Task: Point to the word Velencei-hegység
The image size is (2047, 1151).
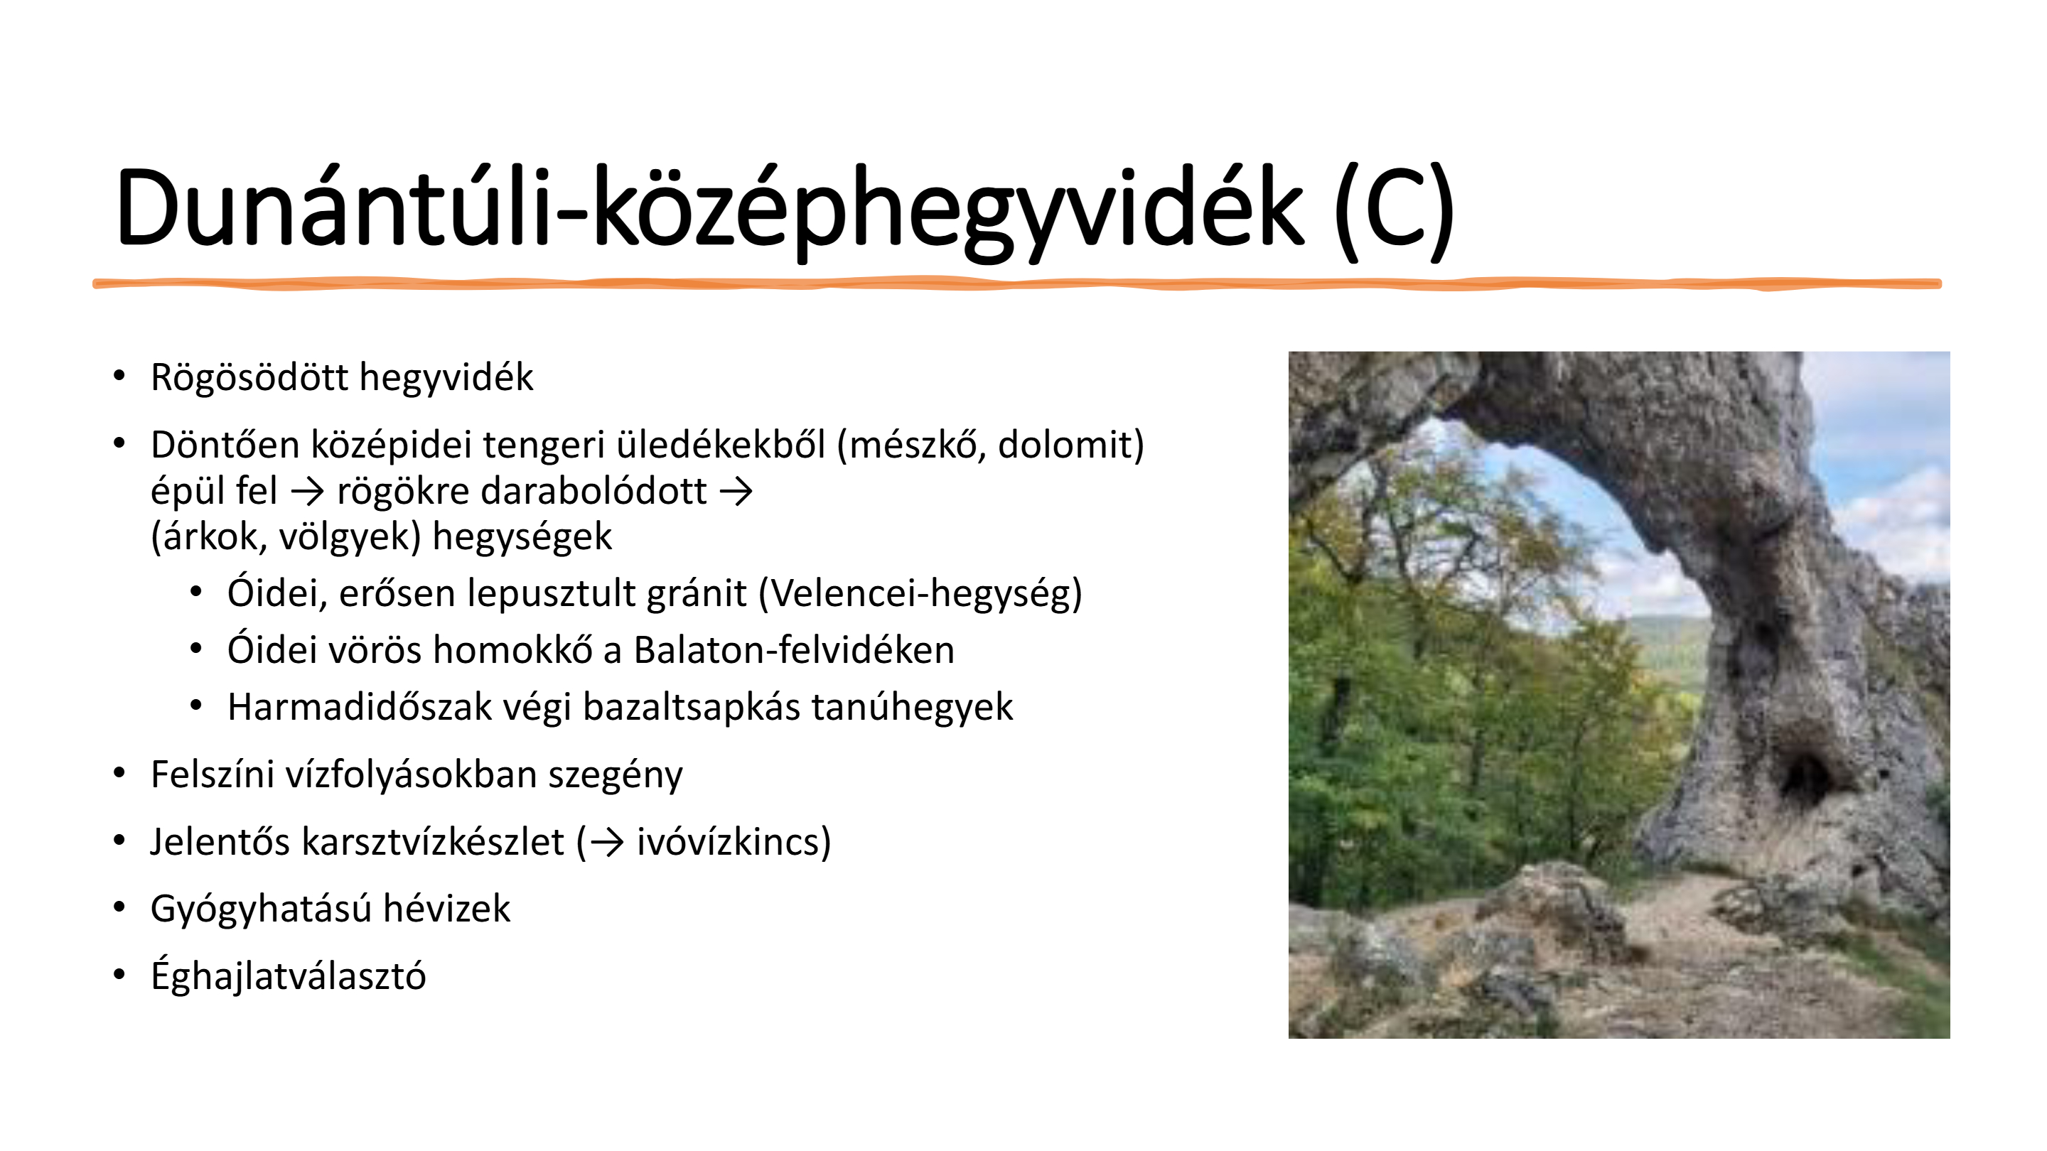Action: (920, 594)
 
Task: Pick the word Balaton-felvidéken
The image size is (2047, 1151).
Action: (794, 650)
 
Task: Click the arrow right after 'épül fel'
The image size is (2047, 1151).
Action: (308, 492)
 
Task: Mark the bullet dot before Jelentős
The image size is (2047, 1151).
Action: (120, 841)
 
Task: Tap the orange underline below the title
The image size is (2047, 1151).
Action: (1017, 283)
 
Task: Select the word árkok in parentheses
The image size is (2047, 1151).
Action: (213, 538)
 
